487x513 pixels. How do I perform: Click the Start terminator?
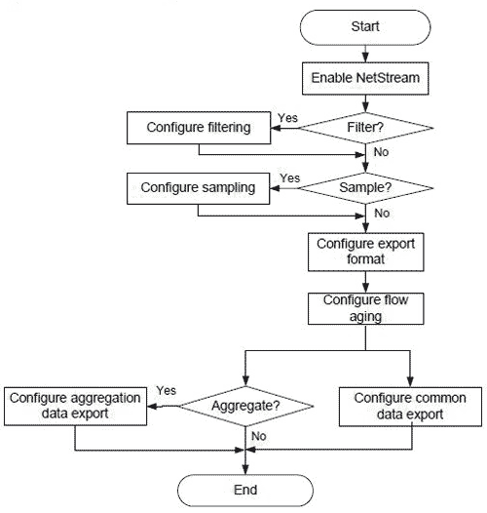[x=365, y=26]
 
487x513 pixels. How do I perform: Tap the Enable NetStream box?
[x=365, y=77]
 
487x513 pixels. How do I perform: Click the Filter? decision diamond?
[x=365, y=127]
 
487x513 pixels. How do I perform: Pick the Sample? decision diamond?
[x=365, y=185]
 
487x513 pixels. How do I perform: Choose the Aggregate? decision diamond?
[x=244, y=404]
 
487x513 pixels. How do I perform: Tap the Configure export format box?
[x=365, y=253]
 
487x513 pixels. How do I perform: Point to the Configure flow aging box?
[x=365, y=307]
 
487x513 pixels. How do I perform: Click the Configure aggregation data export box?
[x=75, y=405]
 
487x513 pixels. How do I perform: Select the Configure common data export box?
[x=410, y=406]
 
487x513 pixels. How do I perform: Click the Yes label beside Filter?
[x=287, y=118]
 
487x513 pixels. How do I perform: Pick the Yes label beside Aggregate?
[x=165, y=390]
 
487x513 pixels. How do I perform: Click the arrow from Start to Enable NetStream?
[x=365, y=53]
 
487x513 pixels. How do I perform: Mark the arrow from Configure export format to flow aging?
[x=365, y=281]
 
